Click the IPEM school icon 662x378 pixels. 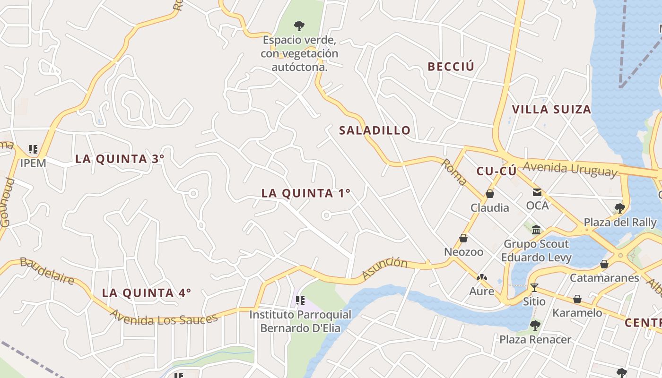(33, 150)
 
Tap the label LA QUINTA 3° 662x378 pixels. (120, 159)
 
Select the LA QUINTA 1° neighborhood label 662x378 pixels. (306, 193)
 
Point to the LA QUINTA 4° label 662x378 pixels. (147, 293)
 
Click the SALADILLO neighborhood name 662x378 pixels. (375, 130)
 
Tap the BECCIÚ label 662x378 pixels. (451, 67)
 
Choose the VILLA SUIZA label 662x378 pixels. (551, 110)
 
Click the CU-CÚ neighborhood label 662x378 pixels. (496, 172)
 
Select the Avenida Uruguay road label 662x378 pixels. (570, 169)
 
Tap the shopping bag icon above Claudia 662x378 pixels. (490, 194)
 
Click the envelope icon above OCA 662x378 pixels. (537, 192)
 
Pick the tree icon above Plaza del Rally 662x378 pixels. (619, 208)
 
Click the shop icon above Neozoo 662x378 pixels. (463, 238)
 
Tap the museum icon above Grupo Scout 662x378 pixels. (536, 230)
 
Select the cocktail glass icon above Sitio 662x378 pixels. (534, 287)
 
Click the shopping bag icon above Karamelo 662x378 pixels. (577, 299)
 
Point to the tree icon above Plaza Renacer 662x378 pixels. (535, 326)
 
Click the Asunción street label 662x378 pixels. (384, 268)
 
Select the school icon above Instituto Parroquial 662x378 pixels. (300, 301)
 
